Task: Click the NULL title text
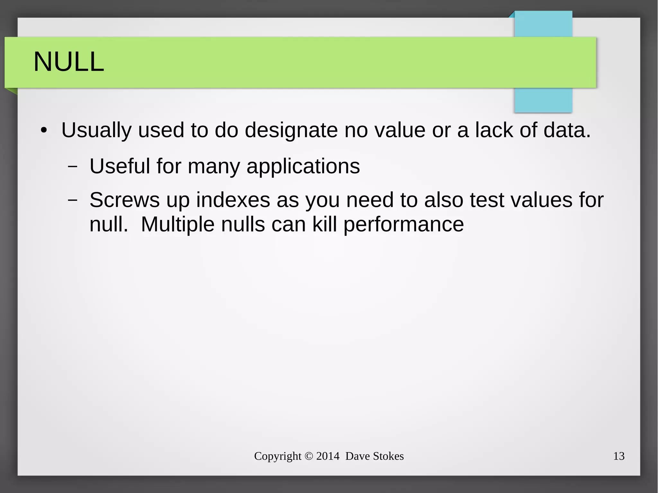point(69,62)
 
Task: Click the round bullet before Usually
point(44,131)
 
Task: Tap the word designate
point(291,130)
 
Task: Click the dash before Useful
point(73,167)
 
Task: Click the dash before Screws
point(73,200)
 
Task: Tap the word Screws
point(124,200)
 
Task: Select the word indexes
point(233,200)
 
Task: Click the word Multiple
point(177,224)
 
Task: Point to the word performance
point(404,225)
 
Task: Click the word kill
point(325,224)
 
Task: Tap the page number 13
point(618,456)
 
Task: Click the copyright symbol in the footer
point(308,456)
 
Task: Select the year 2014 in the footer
point(327,456)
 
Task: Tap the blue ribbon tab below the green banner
point(543,100)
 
